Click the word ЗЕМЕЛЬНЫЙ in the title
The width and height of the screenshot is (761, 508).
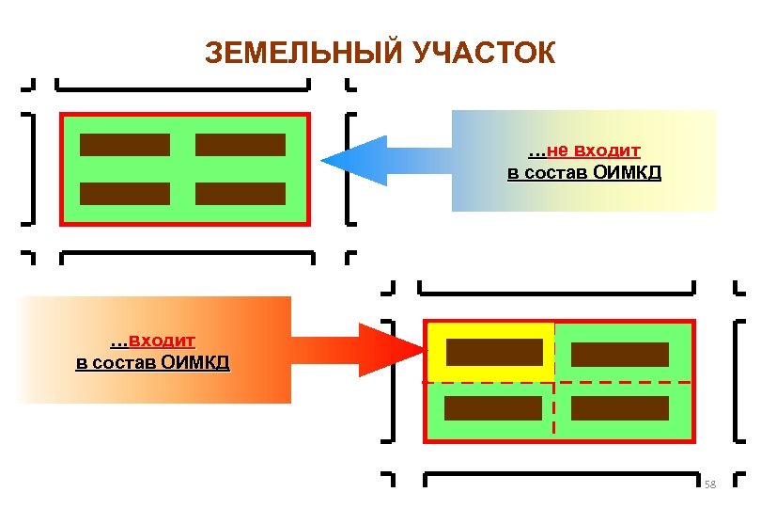303,53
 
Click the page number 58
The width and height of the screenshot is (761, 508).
709,484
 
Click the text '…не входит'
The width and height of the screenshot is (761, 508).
583,151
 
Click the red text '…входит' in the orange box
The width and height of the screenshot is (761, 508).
152,341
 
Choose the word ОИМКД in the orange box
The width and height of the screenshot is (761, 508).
194,362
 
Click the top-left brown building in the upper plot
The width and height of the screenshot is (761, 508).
125,145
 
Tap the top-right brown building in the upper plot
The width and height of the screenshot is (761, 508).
240,145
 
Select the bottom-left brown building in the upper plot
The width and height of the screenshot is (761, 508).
125,193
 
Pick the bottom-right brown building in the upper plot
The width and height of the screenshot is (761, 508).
240,193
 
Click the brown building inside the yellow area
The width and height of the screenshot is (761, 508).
494,353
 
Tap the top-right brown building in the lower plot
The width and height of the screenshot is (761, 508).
620,355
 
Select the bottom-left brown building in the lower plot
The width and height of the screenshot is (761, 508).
493,408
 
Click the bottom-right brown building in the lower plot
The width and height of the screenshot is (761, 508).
620,408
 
